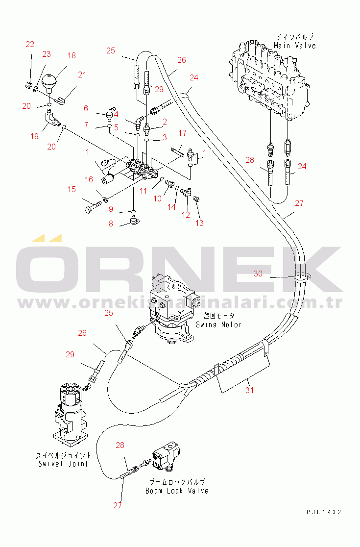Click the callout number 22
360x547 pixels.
pos(30,44)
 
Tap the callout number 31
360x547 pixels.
pos(249,390)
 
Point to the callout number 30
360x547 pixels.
pos(258,274)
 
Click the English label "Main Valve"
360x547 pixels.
pos(295,46)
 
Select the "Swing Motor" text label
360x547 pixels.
pos(219,324)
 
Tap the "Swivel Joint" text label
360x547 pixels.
pos(63,464)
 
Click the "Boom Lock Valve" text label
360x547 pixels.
pos(177,491)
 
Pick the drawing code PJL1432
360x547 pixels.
pos(324,512)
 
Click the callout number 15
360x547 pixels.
pos(72,189)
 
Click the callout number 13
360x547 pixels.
pos(199,223)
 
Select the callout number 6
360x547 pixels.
pos(86,108)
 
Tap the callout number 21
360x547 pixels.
pos(82,75)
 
